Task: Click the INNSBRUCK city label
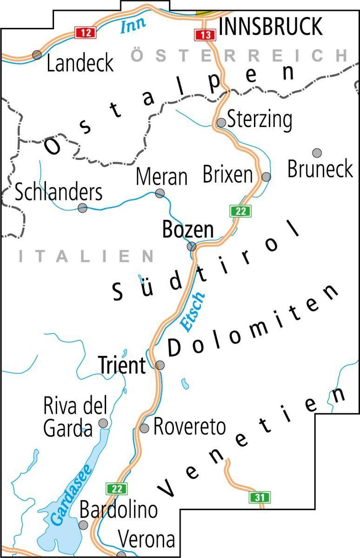click(271, 27)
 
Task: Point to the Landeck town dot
click(37, 55)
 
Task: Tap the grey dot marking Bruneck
click(317, 153)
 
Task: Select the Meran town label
click(162, 177)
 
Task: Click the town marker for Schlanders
click(82, 208)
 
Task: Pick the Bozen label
click(188, 230)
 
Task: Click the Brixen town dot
click(266, 177)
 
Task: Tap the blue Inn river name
click(133, 23)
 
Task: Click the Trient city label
click(122, 365)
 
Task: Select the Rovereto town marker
click(145, 428)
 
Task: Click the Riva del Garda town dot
click(104, 423)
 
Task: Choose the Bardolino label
click(119, 510)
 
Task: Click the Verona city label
click(147, 540)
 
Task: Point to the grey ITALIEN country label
click(87, 256)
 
